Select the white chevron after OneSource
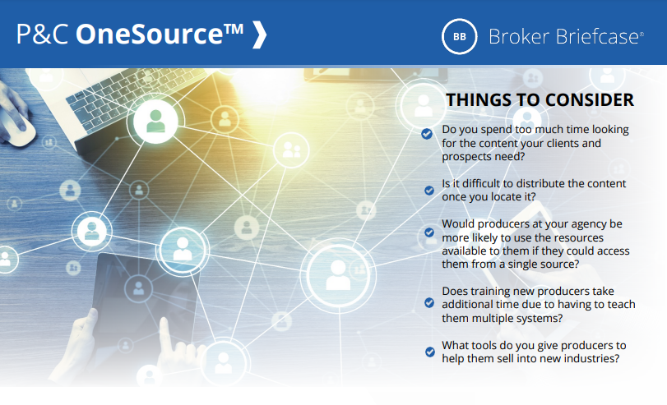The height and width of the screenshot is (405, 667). pos(259,35)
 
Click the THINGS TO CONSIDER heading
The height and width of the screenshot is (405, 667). pos(540,100)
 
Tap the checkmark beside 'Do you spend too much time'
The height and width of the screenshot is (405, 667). pos(427,132)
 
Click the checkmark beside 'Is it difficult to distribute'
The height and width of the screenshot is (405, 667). pos(429,190)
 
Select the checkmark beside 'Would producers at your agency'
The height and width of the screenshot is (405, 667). pos(429,233)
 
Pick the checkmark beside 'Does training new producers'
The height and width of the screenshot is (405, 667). pos(429,302)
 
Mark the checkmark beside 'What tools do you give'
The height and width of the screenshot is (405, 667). pos(429,352)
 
